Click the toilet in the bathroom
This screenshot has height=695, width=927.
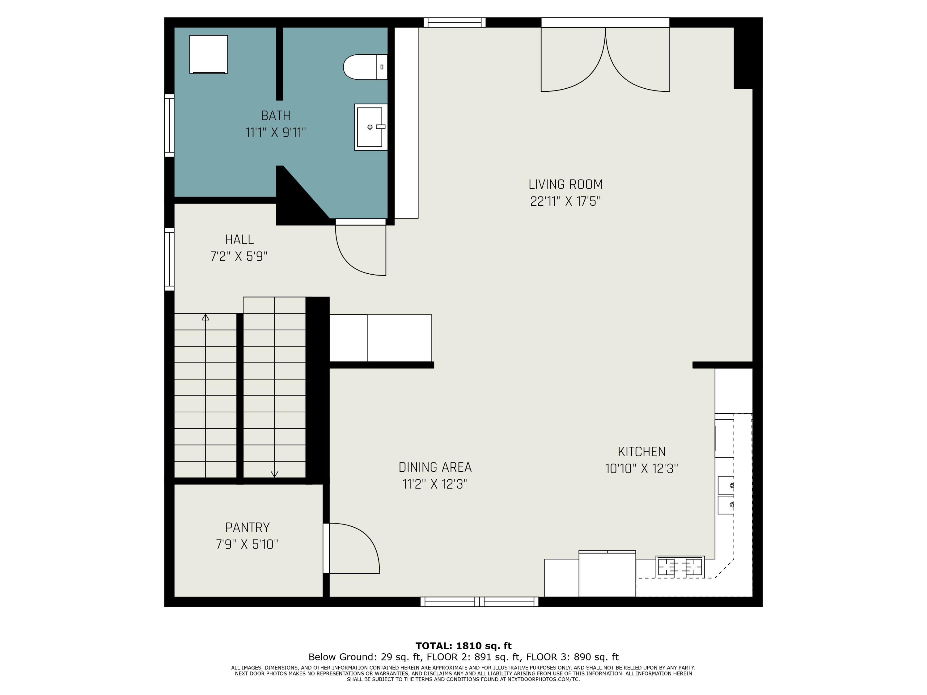pos(365,67)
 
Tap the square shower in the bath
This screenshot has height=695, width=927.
pos(209,54)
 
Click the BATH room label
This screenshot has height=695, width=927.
pos(275,115)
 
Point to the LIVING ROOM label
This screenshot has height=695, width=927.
pos(565,184)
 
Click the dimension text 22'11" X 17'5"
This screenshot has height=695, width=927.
pos(565,201)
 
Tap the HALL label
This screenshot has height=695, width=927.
pos(239,240)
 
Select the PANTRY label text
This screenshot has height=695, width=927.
pos(247,528)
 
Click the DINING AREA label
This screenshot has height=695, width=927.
pos(435,467)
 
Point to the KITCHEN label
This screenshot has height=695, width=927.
pos(641,452)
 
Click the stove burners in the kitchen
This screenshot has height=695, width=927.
pos(680,567)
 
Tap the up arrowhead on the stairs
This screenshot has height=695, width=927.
pos(205,318)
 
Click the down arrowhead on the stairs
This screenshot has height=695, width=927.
pos(274,474)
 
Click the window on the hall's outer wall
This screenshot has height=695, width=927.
pos(169,259)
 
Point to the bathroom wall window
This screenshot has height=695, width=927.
pos(169,125)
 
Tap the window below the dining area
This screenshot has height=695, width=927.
pos(480,602)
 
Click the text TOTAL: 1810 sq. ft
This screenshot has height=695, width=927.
pos(463,646)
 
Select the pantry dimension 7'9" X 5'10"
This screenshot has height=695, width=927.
pos(247,544)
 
